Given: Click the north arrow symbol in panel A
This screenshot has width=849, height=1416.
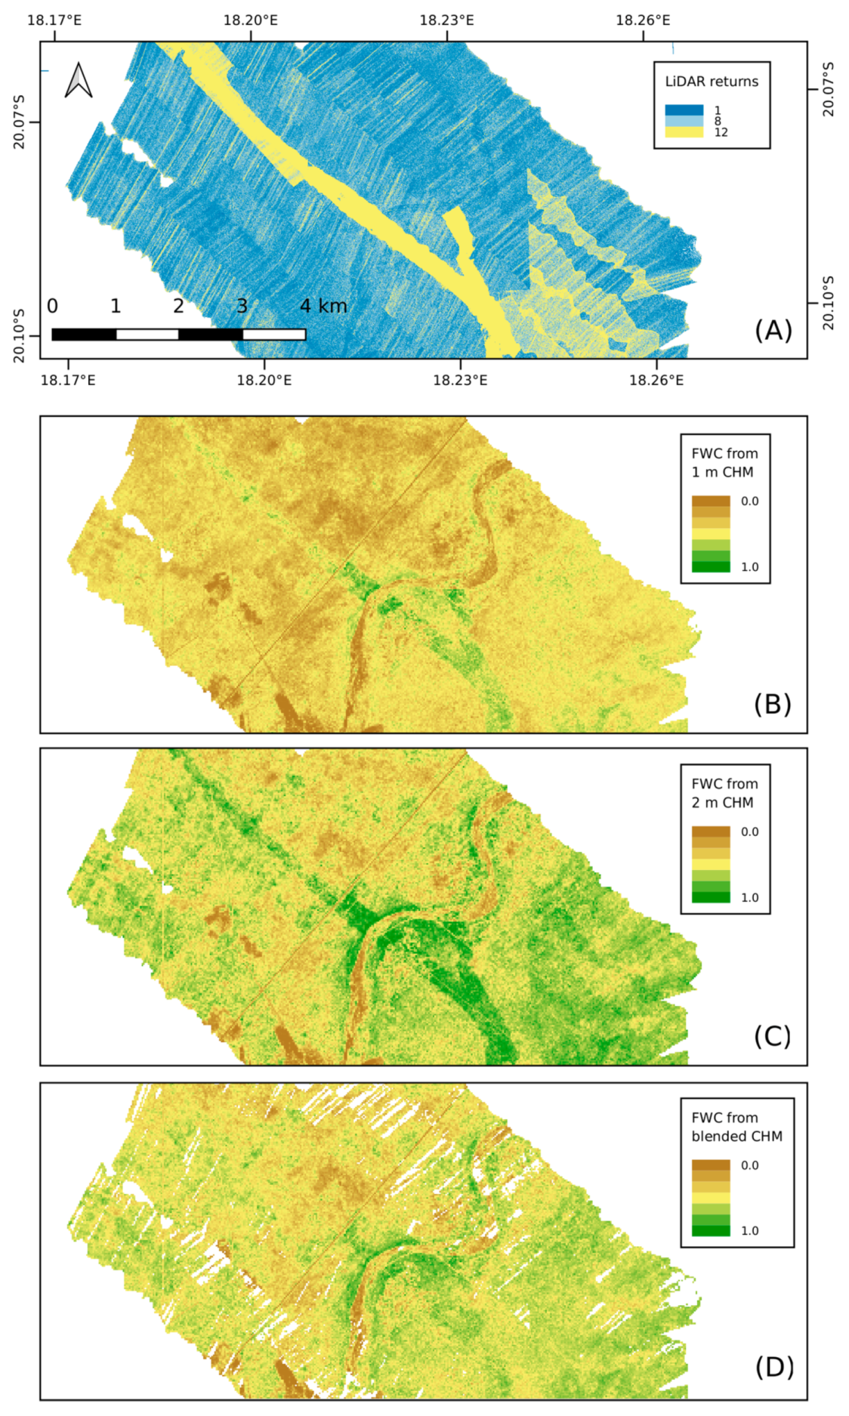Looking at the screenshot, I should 79,80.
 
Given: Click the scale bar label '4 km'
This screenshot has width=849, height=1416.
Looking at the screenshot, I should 323,306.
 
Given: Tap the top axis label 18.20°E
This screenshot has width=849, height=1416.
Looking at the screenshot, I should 250,20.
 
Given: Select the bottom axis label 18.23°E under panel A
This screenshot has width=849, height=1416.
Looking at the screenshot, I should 459,380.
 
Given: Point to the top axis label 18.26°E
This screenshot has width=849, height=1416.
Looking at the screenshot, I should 643,20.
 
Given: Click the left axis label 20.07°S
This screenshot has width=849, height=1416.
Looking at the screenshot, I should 19,122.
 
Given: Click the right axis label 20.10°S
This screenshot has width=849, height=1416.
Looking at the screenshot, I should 829,303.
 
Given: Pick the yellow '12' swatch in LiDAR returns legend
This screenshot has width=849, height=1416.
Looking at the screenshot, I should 684,132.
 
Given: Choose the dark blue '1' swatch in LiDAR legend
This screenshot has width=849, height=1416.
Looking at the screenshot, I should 684,110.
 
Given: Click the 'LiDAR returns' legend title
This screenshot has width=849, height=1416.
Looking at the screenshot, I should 712,82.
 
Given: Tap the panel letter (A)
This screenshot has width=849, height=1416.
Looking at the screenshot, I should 773,330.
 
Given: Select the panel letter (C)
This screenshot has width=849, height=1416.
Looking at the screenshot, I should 772,1036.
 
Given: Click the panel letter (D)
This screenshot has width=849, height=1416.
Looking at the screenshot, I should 774,1367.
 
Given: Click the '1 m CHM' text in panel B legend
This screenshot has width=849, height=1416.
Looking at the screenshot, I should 722,472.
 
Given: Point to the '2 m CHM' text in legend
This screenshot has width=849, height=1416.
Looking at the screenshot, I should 722,803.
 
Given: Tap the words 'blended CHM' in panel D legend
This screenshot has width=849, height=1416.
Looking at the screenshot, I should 736,1136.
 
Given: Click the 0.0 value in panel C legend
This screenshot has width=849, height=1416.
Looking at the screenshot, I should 749,831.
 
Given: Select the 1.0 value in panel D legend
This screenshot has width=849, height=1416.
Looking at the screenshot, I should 749,1230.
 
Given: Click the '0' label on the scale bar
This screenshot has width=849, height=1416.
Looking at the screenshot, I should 52,306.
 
